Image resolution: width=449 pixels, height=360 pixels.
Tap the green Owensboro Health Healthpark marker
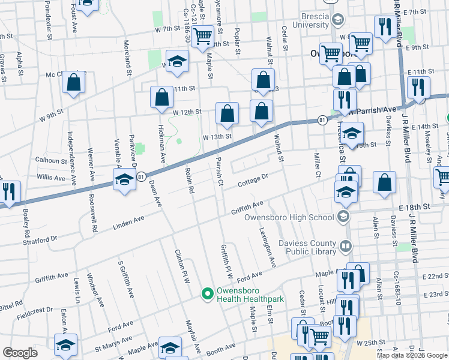coord(208,294)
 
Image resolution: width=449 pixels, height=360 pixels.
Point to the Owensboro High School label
coord(291,217)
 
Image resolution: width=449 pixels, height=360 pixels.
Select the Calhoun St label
coord(50,161)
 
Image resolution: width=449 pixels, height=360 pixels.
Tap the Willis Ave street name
coord(50,178)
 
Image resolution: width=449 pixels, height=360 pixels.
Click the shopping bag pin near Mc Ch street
coord(73,85)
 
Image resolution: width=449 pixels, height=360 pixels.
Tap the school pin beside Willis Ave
coord(124,181)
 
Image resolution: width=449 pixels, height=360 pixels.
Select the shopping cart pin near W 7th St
coord(203,37)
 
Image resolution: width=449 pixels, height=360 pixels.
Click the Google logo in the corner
coord(20,352)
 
